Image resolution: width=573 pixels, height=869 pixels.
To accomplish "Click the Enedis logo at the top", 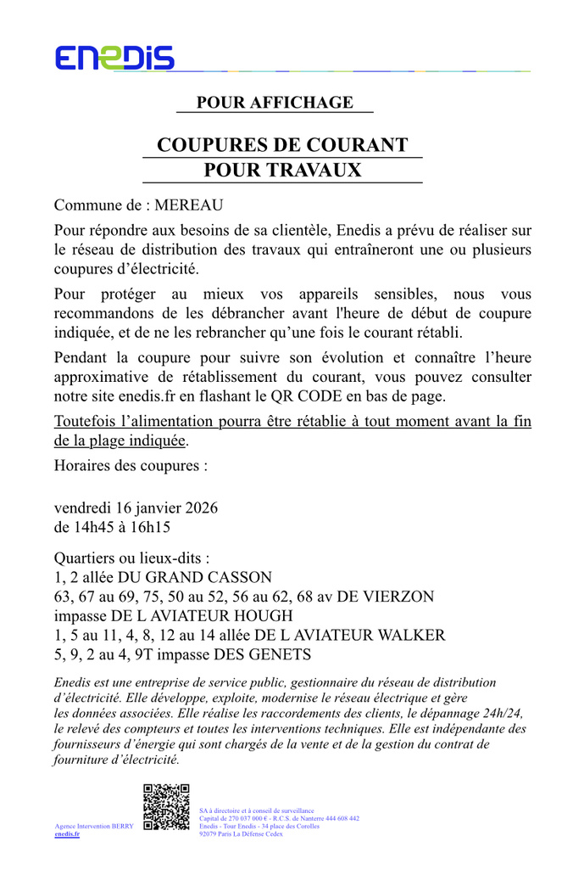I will point(114,58).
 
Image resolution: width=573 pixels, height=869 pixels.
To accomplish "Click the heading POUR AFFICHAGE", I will point(275,103).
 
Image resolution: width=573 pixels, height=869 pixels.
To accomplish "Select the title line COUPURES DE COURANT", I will point(282,145).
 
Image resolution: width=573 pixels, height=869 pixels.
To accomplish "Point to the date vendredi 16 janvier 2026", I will point(136,508).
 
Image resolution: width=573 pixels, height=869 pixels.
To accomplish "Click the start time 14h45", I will point(95,527).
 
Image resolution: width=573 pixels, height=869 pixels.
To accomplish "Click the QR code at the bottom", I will point(166,806).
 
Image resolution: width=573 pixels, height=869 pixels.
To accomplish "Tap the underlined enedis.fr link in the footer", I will point(67,834).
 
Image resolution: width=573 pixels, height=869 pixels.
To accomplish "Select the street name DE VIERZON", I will point(386,597).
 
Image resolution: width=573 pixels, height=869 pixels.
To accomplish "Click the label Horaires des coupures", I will point(131,465).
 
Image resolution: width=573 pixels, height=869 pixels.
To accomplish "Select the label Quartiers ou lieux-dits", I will point(131,559).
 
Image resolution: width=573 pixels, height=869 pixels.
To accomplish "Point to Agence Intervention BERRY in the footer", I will point(94,826).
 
